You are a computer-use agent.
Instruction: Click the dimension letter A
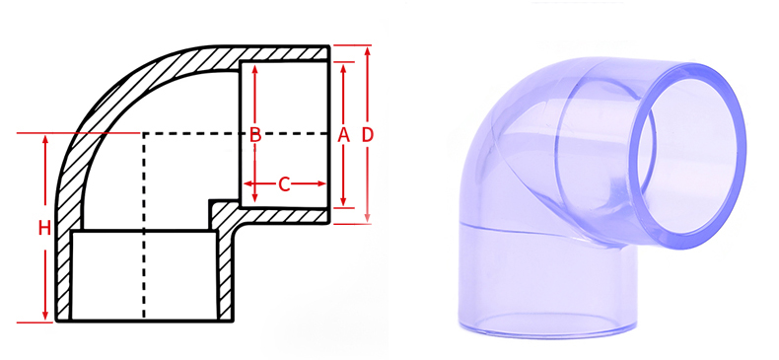[344, 135]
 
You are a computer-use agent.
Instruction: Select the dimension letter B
[254, 135]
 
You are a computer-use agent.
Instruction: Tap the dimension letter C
[285, 183]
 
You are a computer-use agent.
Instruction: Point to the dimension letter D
[368, 133]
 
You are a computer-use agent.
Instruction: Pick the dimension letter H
[44, 228]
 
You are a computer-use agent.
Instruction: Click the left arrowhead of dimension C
[248, 183]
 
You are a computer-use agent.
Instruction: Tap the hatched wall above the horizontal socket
[286, 53]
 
